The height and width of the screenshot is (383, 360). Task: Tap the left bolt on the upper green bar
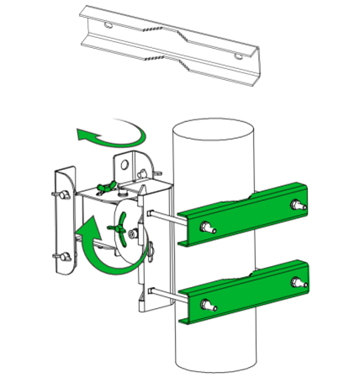208,227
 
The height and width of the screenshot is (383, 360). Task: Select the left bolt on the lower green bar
208,306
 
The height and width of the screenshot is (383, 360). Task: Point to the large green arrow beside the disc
87,253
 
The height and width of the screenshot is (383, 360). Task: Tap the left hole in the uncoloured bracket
109,26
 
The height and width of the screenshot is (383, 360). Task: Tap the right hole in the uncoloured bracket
240,56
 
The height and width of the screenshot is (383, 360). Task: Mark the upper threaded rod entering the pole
165,219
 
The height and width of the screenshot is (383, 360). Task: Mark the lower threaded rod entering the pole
165,295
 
